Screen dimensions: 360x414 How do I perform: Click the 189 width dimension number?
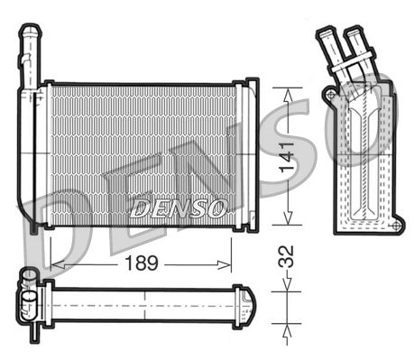point(140,263)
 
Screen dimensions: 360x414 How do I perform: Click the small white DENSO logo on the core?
point(178,209)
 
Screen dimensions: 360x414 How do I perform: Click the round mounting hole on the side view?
point(330,94)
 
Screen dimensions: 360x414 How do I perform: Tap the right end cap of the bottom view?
point(249,305)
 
